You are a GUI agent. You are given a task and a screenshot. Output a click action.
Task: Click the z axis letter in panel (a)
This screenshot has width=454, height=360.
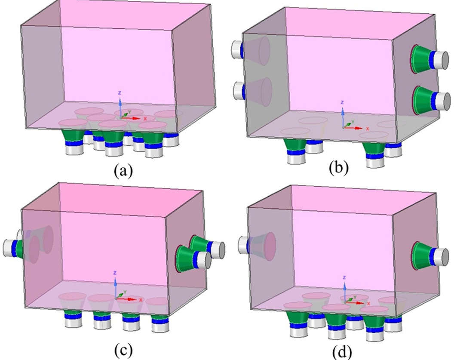click(x=120, y=93)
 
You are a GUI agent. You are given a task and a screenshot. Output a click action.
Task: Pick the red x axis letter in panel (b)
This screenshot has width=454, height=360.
click(x=368, y=128)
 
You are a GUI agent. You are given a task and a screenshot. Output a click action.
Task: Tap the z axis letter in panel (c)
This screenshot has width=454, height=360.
click(x=115, y=273)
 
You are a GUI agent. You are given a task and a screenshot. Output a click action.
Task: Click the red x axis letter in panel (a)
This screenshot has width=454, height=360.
click(x=145, y=118)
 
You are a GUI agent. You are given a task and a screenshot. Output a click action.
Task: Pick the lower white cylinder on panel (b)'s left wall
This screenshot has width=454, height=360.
click(x=237, y=90)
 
